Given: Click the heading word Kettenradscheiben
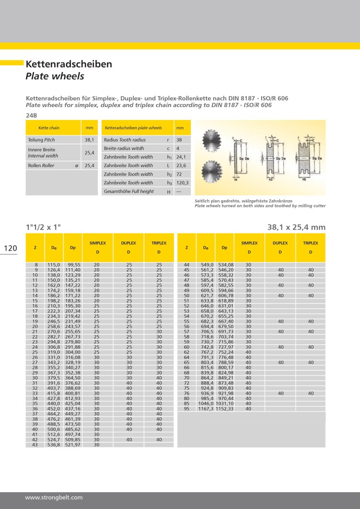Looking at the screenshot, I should tap(69, 64).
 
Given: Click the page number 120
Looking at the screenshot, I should tap(10, 248).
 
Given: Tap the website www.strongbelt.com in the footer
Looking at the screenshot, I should tap(54, 497).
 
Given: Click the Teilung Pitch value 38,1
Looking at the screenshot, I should tap(89, 140).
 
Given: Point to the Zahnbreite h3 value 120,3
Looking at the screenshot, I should tap(183, 183).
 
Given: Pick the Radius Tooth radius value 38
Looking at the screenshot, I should tap(180, 140).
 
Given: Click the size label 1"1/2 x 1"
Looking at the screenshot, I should tap(43, 227).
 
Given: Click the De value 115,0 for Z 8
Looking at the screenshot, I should tap(53, 265).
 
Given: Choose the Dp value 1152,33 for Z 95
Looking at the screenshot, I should tap(225, 409).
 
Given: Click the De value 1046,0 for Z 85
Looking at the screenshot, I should tap(205, 404).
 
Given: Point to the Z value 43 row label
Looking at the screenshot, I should tap(35, 445).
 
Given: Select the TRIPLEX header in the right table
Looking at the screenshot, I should tap(310, 243).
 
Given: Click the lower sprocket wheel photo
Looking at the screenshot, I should tap(212, 170).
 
